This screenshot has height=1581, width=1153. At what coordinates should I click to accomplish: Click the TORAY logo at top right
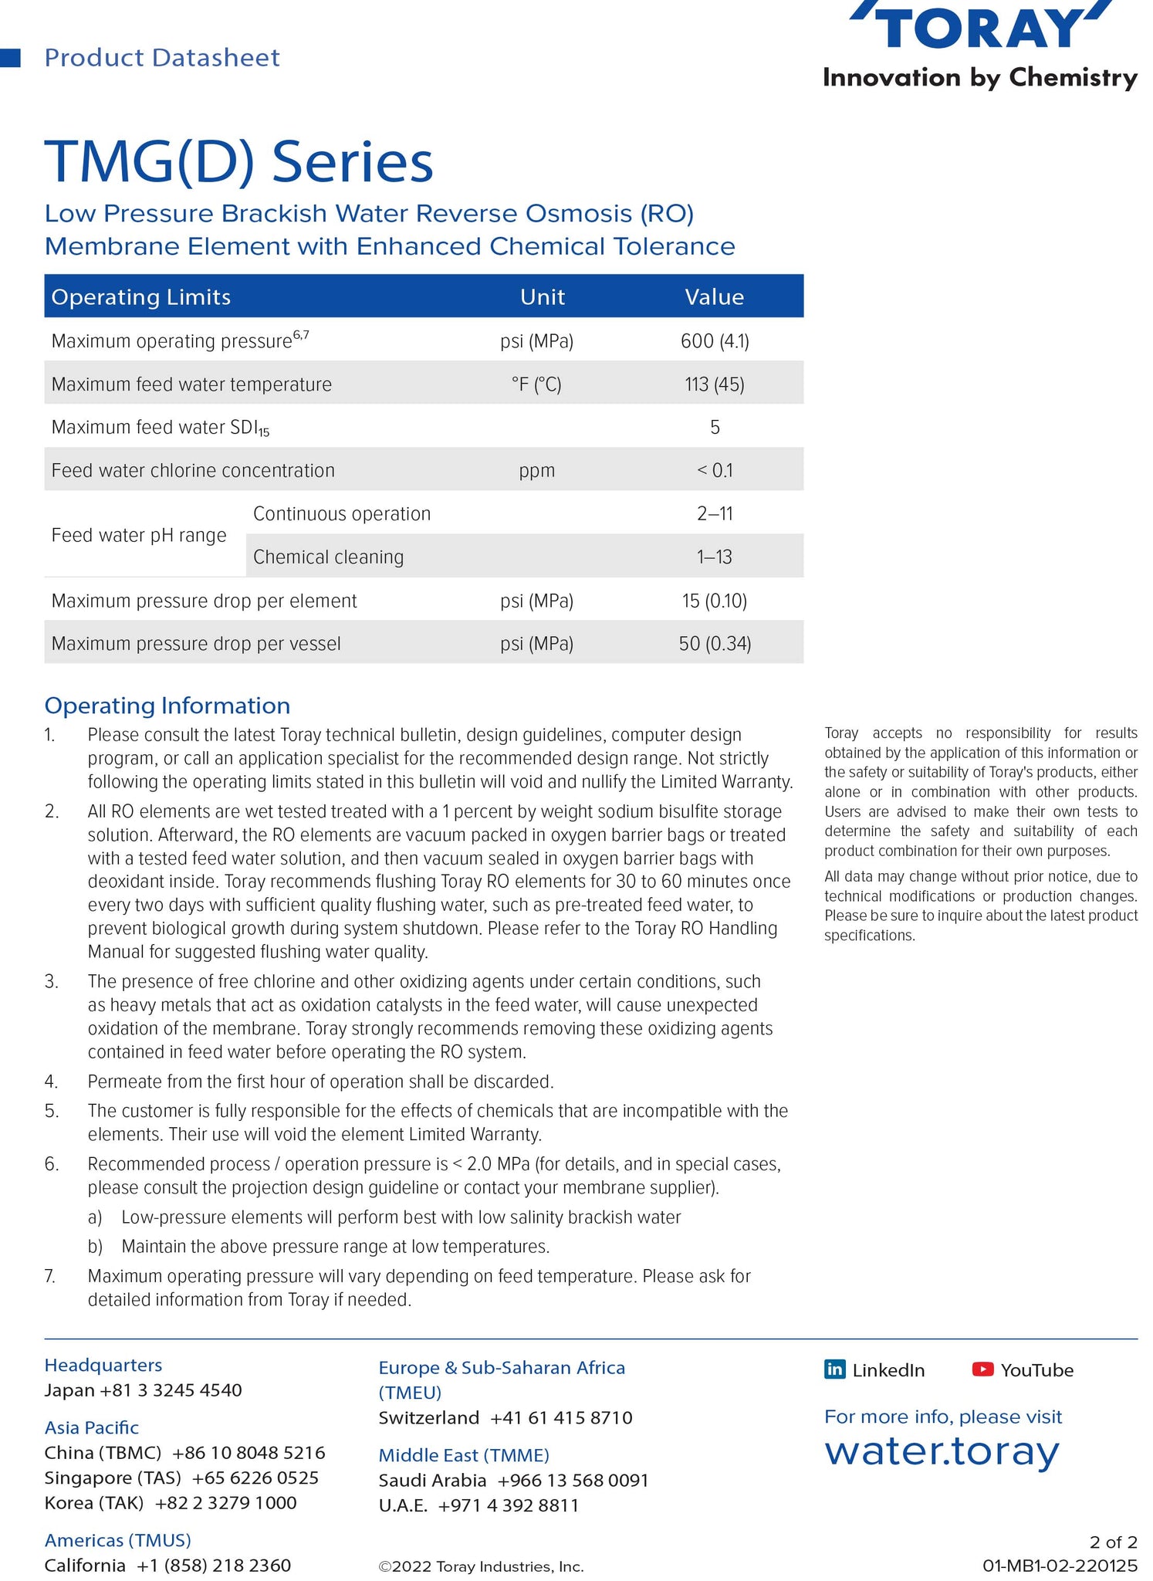pos(980,27)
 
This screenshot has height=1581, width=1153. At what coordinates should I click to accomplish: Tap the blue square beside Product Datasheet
pos(10,58)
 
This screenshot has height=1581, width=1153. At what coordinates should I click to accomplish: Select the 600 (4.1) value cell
pos(715,341)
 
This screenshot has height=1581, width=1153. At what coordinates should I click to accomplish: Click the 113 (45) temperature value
pos(715,384)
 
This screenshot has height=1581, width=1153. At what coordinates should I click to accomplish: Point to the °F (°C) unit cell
pos(536,384)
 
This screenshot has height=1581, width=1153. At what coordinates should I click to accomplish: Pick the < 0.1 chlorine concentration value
pos(715,471)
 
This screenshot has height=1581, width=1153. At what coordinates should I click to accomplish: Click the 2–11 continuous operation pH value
pos(715,514)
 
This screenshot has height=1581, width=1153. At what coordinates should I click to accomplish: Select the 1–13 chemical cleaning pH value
pos(715,557)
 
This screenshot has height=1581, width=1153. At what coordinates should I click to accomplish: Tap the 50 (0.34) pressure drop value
pos(715,644)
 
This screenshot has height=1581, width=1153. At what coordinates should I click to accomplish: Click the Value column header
pos(715,297)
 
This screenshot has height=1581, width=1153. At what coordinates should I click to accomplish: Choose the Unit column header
pos(543,297)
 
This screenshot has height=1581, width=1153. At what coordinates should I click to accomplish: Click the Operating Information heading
pos(167,706)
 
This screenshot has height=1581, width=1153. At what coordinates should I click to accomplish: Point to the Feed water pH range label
pos(139,536)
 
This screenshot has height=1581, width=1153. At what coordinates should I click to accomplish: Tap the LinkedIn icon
pos(835,1369)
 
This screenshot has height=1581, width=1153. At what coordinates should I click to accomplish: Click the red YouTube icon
pos(982,1369)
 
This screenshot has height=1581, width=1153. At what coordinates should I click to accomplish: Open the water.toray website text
pos(942,1451)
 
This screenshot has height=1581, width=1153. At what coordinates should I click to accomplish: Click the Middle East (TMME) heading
pos(464,1455)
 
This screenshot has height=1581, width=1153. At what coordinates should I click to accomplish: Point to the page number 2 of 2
pos(1113,1542)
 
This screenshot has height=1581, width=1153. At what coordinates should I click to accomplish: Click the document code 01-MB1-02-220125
pos(1060,1566)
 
